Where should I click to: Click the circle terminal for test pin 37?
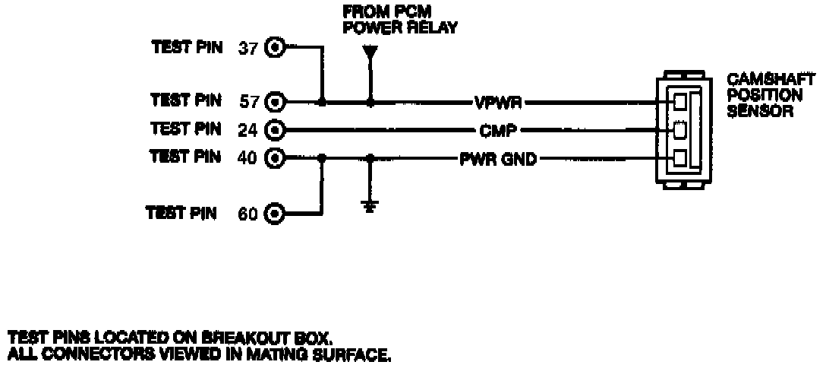point(275,48)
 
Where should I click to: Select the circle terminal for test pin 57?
point(275,100)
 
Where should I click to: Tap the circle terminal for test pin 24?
point(275,129)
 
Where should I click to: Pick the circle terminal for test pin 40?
point(275,158)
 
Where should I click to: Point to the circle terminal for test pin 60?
point(275,214)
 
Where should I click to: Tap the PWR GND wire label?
point(498,159)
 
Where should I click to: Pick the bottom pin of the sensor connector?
point(680,159)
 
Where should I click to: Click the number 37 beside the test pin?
point(248,48)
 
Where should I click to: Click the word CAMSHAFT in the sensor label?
point(771,80)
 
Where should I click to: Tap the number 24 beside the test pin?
point(248,129)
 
